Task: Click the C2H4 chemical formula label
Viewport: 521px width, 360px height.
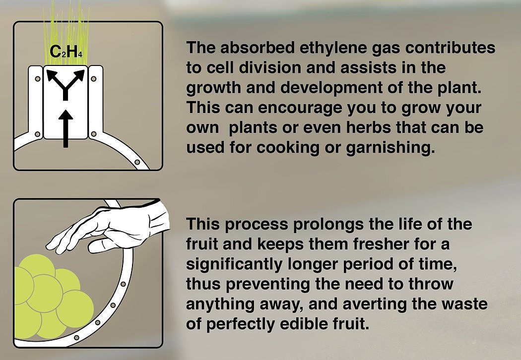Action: [65, 52]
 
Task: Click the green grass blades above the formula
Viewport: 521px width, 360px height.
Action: [66, 32]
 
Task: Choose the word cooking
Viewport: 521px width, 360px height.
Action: [288, 148]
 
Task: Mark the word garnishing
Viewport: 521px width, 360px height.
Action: [391, 148]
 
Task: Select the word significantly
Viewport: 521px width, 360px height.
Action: [234, 264]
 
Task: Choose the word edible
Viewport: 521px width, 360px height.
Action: [301, 323]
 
